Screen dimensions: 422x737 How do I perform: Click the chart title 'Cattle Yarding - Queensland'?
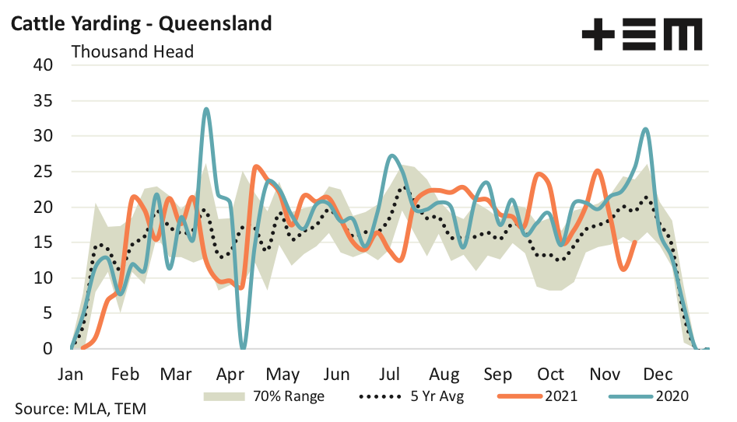[140, 23]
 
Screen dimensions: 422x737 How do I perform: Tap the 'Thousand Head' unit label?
[132, 52]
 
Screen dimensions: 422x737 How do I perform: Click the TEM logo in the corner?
[641, 35]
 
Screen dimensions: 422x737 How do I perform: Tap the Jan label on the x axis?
[71, 373]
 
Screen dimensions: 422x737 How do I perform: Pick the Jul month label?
[390, 373]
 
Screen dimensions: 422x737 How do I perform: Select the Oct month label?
[550, 373]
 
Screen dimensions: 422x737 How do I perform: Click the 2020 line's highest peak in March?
[206, 110]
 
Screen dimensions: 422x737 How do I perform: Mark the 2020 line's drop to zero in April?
[243, 347]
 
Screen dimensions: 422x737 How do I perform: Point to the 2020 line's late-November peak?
[646, 130]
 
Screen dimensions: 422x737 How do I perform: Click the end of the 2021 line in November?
[635, 242]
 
